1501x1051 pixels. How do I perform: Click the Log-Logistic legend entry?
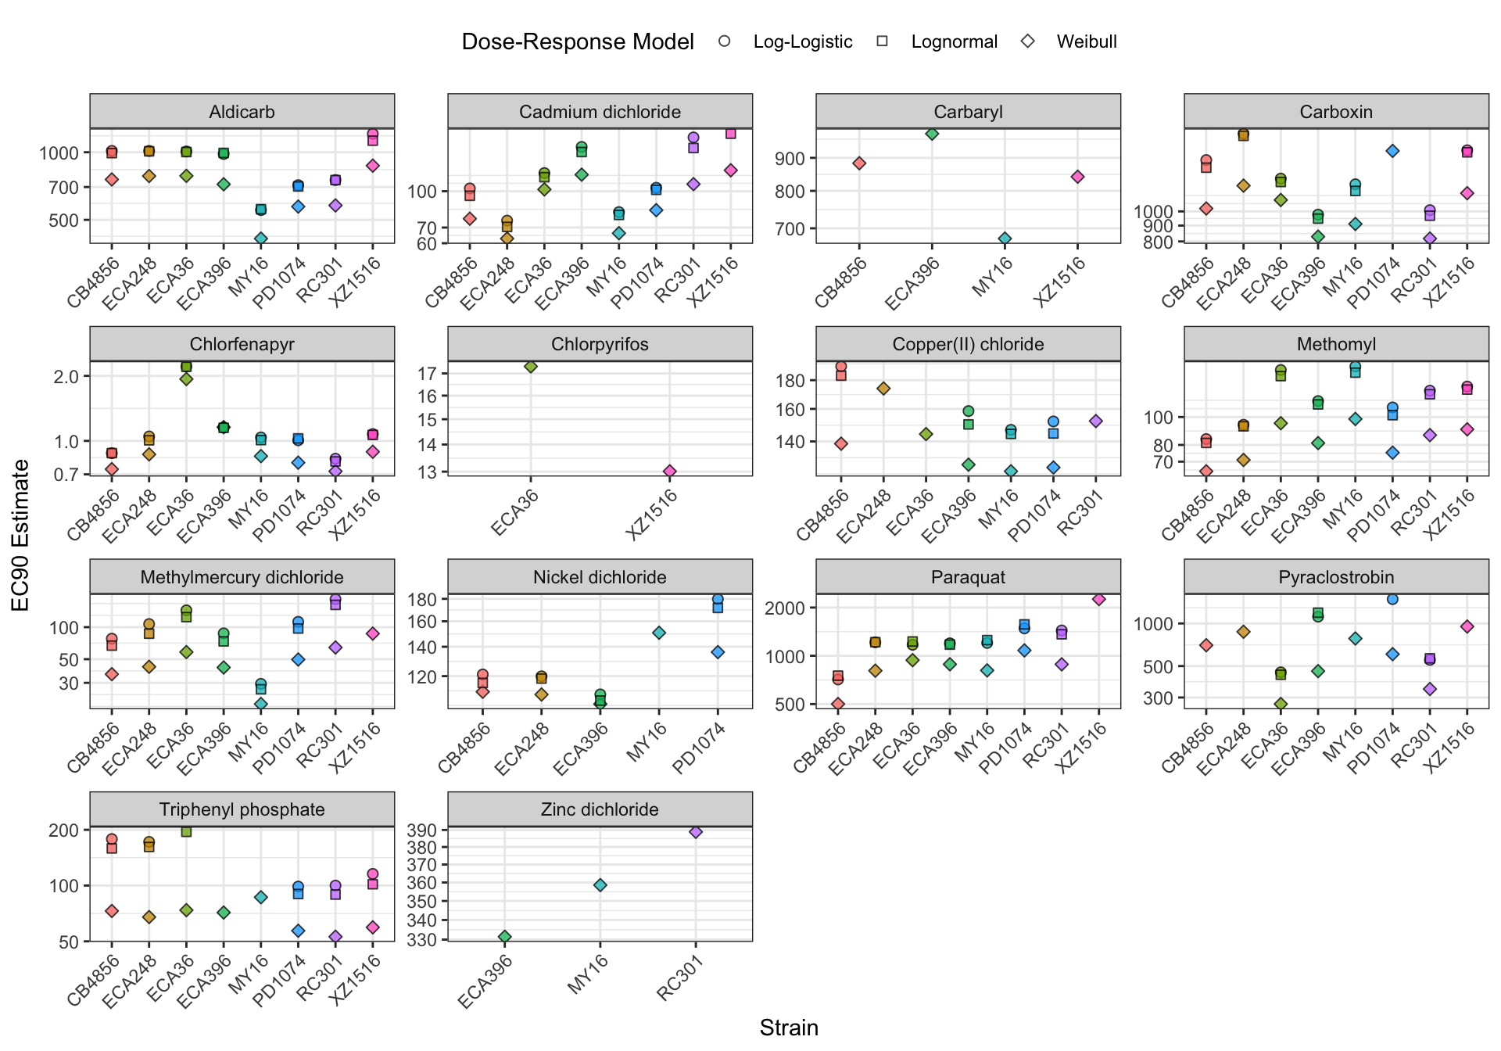pyautogui.click(x=802, y=42)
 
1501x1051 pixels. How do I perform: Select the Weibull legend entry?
pyautogui.click(x=1086, y=42)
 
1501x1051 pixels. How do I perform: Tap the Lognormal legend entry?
pyautogui.click(x=954, y=42)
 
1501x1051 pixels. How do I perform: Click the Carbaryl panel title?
pyautogui.click(x=968, y=112)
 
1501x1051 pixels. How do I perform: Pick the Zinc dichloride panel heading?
pyautogui.click(x=600, y=809)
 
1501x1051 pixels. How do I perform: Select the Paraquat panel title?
pyautogui.click(x=968, y=577)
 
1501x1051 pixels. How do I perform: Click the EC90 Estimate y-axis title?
pyautogui.click(x=21, y=535)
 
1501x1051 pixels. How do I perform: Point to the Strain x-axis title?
pyautogui.click(x=789, y=1028)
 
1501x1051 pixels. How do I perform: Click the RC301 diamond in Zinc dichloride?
pyautogui.click(x=696, y=832)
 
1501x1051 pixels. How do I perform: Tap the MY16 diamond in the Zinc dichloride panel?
pyautogui.click(x=600, y=885)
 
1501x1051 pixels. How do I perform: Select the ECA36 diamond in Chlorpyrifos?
pyautogui.click(x=531, y=366)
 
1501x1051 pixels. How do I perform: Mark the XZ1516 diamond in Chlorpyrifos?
pyautogui.click(x=670, y=471)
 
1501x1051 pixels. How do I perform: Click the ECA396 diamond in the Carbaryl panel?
pyautogui.click(x=932, y=134)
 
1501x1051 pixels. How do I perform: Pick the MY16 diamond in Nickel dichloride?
pyautogui.click(x=659, y=633)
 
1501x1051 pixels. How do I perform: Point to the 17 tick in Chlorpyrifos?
pyautogui.click(x=426, y=374)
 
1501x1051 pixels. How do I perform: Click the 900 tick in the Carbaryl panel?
pyautogui.click(x=790, y=159)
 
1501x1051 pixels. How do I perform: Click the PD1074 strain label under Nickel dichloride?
pyautogui.click(x=699, y=748)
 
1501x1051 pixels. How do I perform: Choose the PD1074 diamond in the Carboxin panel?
pyautogui.click(x=1392, y=151)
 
